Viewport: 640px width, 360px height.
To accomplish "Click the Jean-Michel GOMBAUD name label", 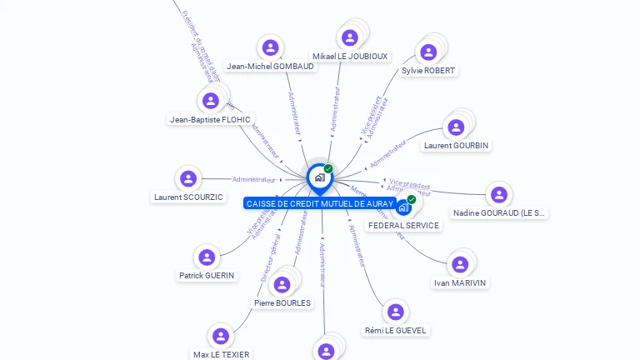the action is click(x=270, y=67).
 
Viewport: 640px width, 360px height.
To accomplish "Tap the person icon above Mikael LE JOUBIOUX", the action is click(x=350, y=37).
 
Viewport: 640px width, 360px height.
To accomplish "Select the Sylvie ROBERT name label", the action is click(x=428, y=71).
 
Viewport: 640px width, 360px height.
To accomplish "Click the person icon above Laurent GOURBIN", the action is click(x=456, y=127).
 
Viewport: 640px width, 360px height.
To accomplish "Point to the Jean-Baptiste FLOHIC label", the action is click(x=210, y=120).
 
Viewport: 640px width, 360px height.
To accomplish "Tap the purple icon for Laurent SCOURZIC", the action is click(x=188, y=178).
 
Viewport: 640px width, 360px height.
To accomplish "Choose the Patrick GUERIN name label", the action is click(x=207, y=276).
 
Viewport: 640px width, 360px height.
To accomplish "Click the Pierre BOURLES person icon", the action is click(x=282, y=285).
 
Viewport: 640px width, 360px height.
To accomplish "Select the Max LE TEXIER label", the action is click(x=221, y=354).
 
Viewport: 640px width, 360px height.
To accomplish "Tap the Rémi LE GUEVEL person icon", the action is click(x=396, y=312).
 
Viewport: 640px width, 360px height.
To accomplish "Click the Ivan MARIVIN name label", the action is click(x=460, y=283).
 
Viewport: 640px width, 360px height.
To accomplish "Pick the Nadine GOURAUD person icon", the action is click(x=499, y=195).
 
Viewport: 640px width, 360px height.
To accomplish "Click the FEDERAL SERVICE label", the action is click(x=403, y=226).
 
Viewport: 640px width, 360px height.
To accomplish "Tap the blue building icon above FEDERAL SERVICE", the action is click(x=404, y=207).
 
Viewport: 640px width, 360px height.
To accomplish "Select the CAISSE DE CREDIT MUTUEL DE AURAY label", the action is click(x=320, y=204).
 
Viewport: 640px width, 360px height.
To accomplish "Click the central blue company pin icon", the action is click(x=319, y=177).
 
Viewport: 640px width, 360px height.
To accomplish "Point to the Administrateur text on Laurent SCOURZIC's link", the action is click(x=254, y=179).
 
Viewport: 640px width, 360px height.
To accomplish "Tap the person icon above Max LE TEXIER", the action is click(x=221, y=336).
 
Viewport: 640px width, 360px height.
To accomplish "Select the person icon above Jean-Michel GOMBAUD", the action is click(x=270, y=47).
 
